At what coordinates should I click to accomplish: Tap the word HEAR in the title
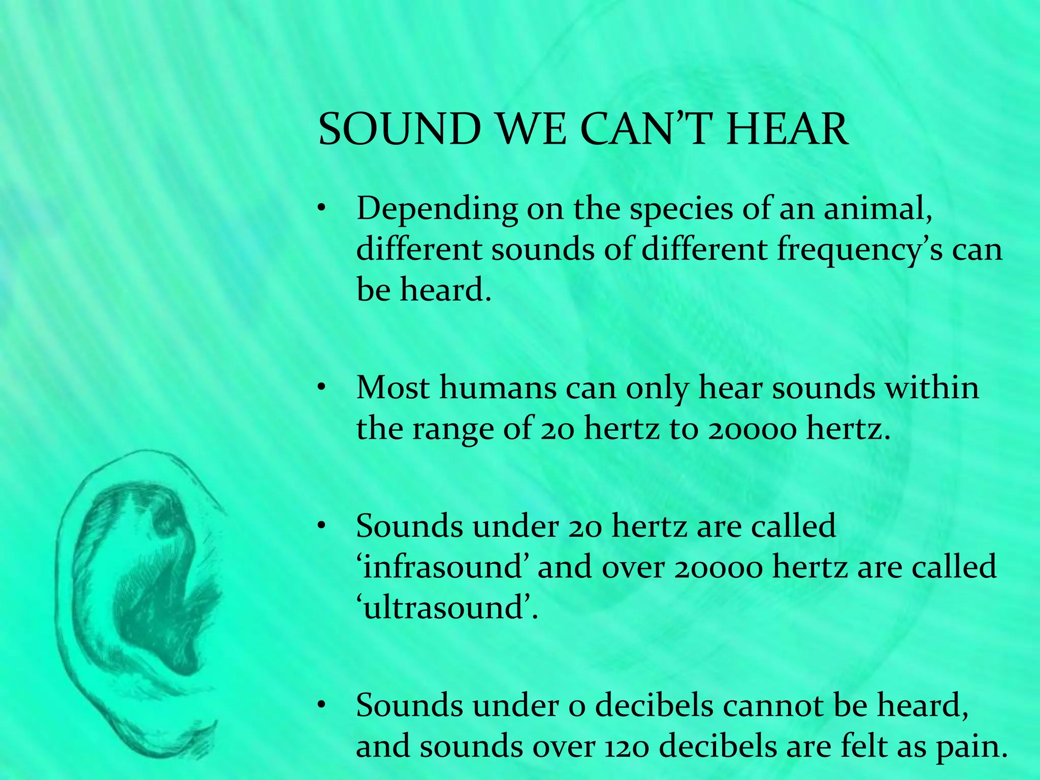788,129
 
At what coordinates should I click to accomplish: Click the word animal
877,209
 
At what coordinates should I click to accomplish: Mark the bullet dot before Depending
321,210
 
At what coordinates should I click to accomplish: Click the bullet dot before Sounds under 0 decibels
321,706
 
